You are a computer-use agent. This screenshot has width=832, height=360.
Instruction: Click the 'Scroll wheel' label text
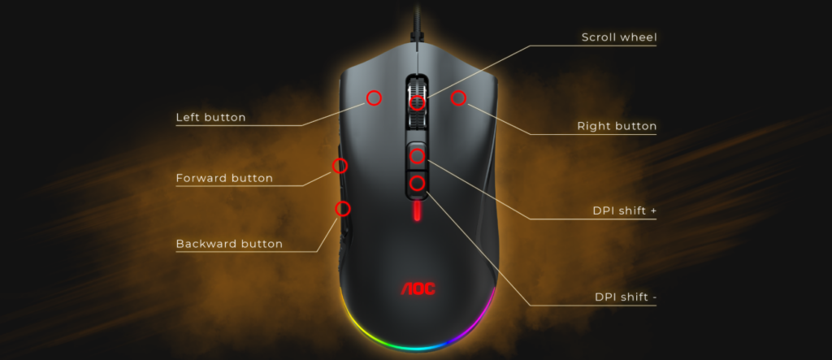click(x=619, y=37)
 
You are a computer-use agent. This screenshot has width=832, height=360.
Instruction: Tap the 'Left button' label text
click(x=210, y=117)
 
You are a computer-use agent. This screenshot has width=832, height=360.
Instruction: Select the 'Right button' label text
click(x=617, y=127)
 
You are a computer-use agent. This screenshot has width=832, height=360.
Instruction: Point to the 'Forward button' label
click(x=224, y=178)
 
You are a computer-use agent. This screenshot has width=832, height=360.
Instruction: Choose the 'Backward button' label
click(x=229, y=244)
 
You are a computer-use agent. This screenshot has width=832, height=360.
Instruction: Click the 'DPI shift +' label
click(x=625, y=210)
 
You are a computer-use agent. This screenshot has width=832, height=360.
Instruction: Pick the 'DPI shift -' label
click(x=626, y=297)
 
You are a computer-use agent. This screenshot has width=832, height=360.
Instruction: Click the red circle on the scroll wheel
click(x=418, y=103)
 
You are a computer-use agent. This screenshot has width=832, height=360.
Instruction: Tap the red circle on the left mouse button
click(x=374, y=98)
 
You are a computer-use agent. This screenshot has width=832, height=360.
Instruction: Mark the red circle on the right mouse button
click(x=458, y=98)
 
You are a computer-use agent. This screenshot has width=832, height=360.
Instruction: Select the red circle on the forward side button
click(x=340, y=166)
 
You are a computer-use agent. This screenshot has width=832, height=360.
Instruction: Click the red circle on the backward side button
click(x=343, y=209)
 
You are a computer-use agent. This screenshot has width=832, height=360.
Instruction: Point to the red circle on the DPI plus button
click(x=418, y=156)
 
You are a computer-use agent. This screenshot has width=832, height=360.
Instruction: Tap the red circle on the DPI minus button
click(x=418, y=183)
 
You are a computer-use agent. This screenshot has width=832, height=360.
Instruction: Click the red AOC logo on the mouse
click(x=418, y=288)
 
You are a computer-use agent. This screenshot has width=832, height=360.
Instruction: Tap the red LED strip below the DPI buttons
click(x=418, y=210)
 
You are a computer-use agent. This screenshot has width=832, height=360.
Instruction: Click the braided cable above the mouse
click(x=418, y=20)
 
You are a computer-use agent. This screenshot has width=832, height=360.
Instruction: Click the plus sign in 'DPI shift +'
click(x=653, y=211)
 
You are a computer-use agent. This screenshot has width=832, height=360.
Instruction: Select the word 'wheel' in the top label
click(x=640, y=37)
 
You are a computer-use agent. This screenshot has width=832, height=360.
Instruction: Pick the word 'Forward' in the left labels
click(x=200, y=178)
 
